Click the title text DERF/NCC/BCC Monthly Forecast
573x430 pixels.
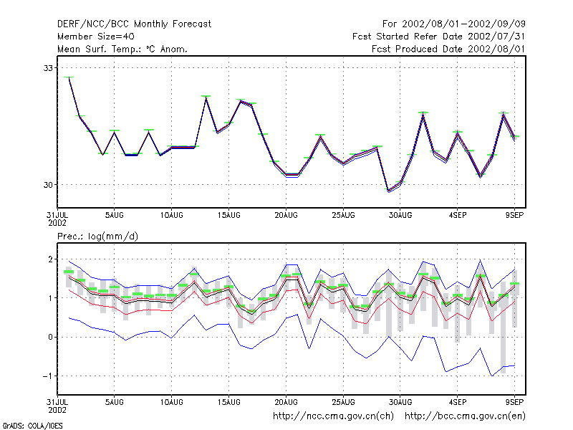[x=134, y=24]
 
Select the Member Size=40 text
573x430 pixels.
[x=96, y=37]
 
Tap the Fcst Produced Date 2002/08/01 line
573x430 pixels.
[x=448, y=49]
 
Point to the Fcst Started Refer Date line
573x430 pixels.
[x=438, y=37]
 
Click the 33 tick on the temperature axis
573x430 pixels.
[x=48, y=68]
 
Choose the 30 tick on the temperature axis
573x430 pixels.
[x=48, y=185]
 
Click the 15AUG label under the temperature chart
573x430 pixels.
[x=228, y=216]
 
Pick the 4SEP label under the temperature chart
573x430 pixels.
[x=458, y=216]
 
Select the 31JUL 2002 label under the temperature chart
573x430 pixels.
[x=57, y=219]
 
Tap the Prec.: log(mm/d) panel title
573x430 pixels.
[x=97, y=236]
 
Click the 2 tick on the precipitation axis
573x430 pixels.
[x=50, y=259]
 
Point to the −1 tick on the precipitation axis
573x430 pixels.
[x=48, y=376]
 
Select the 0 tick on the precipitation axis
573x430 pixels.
[x=50, y=337]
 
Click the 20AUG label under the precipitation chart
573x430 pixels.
[x=286, y=402]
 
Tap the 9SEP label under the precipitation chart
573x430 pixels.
[x=514, y=402]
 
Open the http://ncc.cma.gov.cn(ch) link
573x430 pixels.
[x=333, y=416]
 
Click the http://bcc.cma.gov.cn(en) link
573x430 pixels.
[x=465, y=416]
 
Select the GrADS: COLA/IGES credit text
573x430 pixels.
[x=32, y=426]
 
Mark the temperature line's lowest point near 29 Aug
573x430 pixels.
[x=388, y=191]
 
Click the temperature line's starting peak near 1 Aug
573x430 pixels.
[x=69, y=77]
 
